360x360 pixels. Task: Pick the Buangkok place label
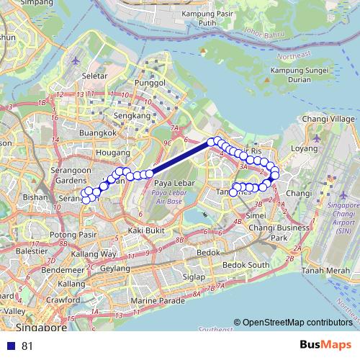(98, 133)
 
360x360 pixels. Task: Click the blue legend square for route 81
(11, 346)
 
